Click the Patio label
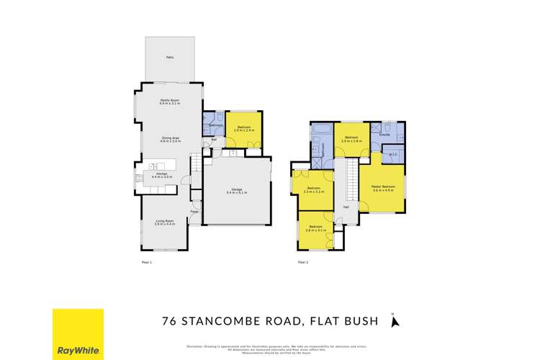[169, 56]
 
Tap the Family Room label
[169, 102]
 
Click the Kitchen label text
[160, 175]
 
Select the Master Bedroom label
[383, 189]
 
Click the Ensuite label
[384, 134]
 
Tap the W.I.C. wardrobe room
[393, 153]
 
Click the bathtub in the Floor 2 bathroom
[320, 130]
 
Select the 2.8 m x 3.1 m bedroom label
[316, 230]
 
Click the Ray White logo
[77, 333]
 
